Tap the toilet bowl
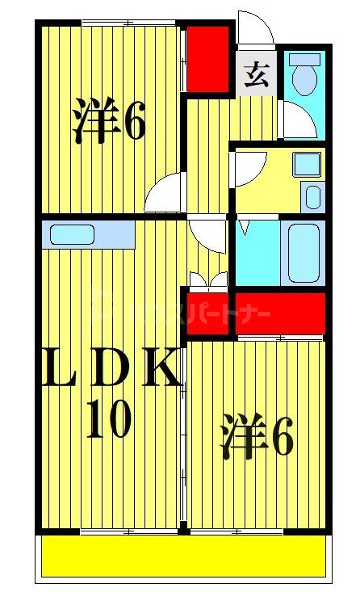pos(305,81)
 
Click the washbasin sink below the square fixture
pos(311,195)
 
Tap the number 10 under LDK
pos(109,419)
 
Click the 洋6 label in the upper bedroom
pos(109,120)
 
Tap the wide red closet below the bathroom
pos(279,311)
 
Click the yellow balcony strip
pos(182,557)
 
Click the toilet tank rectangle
pos(305,59)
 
